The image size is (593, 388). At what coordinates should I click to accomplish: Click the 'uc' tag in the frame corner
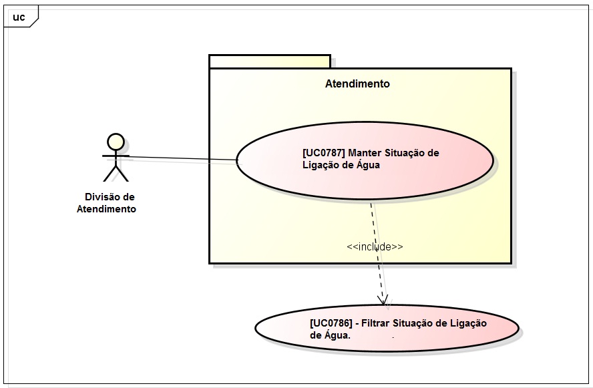(x=19, y=17)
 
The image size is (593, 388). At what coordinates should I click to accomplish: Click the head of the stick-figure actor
(x=116, y=142)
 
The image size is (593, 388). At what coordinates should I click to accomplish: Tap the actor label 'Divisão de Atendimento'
(x=110, y=203)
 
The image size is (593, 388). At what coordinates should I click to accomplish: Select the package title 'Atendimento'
(x=357, y=84)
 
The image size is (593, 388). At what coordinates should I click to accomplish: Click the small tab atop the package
(x=270, y=61)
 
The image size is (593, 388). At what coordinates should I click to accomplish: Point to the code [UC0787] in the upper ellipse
(x=324, y=153)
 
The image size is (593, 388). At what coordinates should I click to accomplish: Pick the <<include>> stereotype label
(x=375, y=247)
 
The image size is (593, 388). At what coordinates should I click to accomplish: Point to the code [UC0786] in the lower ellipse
(x=331, y=323)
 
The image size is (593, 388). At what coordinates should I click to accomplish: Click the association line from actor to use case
(x=180, y=159)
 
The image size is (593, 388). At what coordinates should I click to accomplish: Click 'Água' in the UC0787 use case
(x=367, y=165)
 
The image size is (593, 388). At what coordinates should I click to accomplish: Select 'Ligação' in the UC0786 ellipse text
(x=467, y=323)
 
